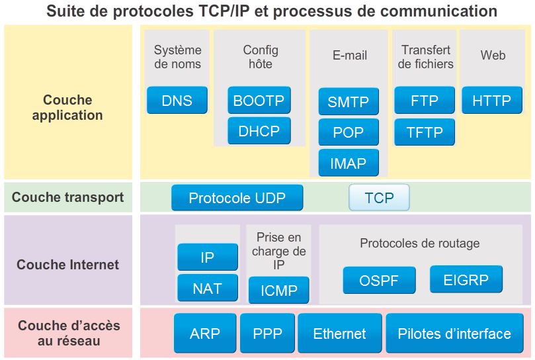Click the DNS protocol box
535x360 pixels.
177,101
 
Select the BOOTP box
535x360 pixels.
259,101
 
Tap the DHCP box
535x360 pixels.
259,131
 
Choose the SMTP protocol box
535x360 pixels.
349,102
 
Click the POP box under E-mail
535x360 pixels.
349,132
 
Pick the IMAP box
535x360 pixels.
349,163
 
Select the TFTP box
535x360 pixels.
425,132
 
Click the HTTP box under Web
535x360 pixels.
492,101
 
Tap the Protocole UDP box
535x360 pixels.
237,198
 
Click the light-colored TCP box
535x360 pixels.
379,198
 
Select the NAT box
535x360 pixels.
207,289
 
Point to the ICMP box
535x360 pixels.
278,290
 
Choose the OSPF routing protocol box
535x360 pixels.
379,281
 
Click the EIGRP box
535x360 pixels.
466,279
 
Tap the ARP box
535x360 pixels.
204,334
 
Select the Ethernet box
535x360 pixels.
339,334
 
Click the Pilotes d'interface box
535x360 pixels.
454,334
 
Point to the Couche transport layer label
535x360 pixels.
67,197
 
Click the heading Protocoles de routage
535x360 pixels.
419,244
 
